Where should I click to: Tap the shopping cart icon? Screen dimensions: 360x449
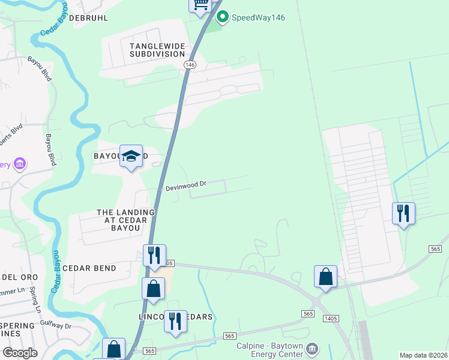200,4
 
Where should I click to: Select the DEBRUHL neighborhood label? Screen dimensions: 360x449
89,18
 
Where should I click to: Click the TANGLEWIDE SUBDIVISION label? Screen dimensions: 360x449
157,50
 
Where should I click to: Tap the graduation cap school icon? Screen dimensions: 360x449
131,157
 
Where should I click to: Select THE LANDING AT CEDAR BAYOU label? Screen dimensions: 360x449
126,220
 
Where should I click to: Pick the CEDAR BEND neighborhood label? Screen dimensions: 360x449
89,268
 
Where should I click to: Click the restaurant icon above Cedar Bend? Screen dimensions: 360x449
154,256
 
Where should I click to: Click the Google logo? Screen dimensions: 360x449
20,353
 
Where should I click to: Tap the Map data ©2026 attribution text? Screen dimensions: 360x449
424,355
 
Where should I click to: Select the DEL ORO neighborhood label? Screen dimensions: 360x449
20,277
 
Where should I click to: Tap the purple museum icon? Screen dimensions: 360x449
20,163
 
